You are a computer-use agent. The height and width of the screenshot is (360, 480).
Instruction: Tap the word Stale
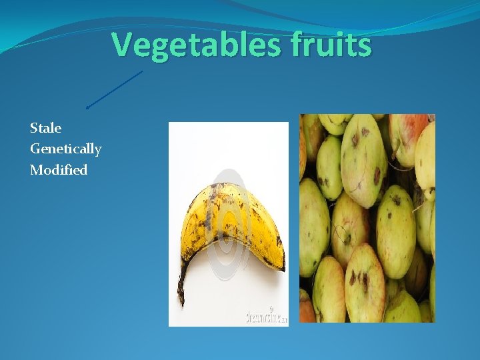45,127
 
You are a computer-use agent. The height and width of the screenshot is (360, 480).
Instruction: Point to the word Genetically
65,149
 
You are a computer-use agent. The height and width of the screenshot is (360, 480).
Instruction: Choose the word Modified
59,170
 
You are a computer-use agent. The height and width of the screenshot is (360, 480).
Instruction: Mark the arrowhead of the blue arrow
88,107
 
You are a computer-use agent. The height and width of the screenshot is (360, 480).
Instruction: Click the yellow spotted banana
227,220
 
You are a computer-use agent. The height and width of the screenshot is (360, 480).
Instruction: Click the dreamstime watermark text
266,315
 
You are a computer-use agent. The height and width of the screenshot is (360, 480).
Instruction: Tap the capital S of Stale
34,127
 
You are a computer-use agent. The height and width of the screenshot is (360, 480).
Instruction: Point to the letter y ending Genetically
97,151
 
